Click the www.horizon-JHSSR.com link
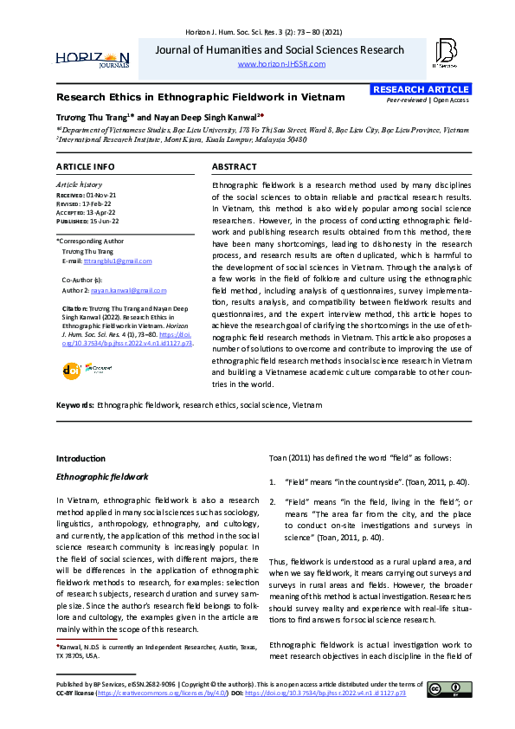[280, 64]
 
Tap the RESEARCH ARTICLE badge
[421, 89]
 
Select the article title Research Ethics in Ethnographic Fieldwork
[188, 97]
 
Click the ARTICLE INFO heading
[85, 166]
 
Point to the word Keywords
[75, 404]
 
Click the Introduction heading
[80, 458]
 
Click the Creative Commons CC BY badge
[449, 689]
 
